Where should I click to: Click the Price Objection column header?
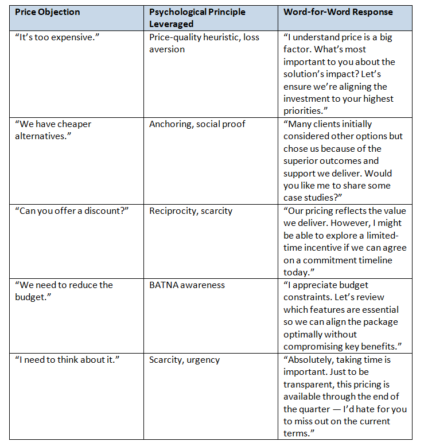tap(48, 12)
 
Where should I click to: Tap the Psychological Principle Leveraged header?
tap(197, 18)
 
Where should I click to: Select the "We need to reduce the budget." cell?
tap(64, 291)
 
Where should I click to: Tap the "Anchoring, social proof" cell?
tap(197, 124)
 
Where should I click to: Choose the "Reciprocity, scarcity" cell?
tap(190, 211)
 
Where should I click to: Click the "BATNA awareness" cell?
tap(186, 285)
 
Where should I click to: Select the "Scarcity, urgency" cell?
tap(184, 360)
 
